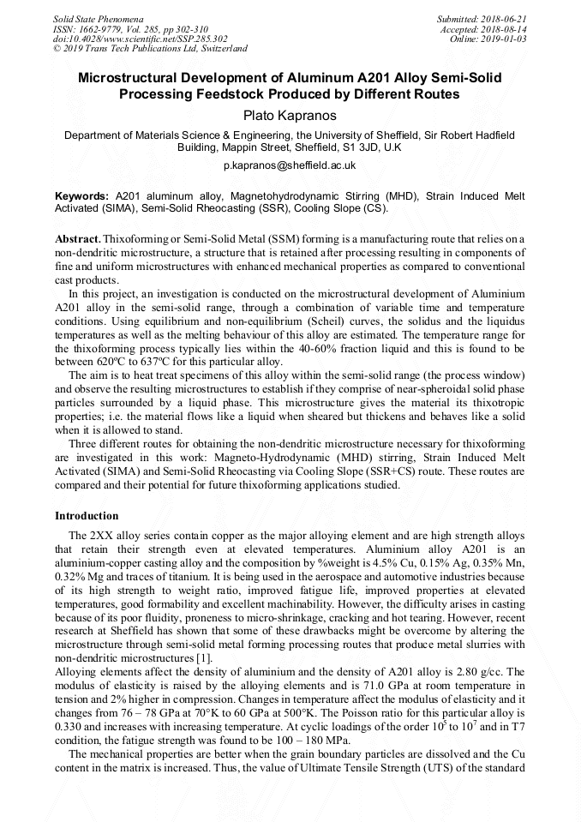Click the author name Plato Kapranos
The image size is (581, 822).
pos(290,115)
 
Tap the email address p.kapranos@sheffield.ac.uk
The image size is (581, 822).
pos(290,164)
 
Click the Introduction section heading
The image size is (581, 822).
pos(87,516)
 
